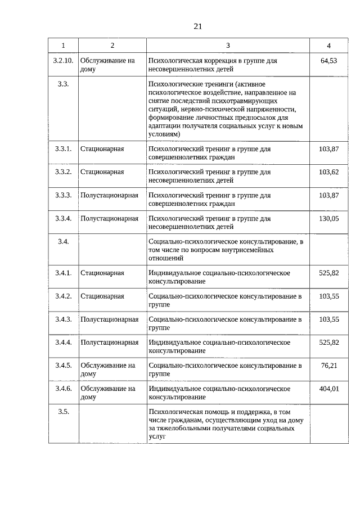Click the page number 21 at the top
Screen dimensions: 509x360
(x=197, y=26)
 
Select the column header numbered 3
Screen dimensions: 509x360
(x=228, y=45)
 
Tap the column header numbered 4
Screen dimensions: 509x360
(x=328, y=45)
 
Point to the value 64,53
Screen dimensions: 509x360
(x=328, y=60)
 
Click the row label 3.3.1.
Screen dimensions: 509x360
(x=63, y=148)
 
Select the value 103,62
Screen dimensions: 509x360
(x=328, y=172)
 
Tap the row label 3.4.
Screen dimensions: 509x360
(x=63, y=241)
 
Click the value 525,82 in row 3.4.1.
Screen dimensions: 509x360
(x=328, y=273)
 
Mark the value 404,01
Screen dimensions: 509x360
(x=328, y=388)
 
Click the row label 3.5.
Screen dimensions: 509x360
(x=63, y=412)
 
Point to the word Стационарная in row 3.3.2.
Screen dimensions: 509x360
(x=102, y=172)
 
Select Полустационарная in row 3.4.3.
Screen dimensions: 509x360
(x=109, y=319)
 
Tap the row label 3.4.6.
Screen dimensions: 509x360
(x=63, y=388)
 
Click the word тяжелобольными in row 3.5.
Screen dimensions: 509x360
(x=183, y=428)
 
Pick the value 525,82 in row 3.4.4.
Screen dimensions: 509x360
(x=328, y=342)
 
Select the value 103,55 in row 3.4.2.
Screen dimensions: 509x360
(x=328, y=296)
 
